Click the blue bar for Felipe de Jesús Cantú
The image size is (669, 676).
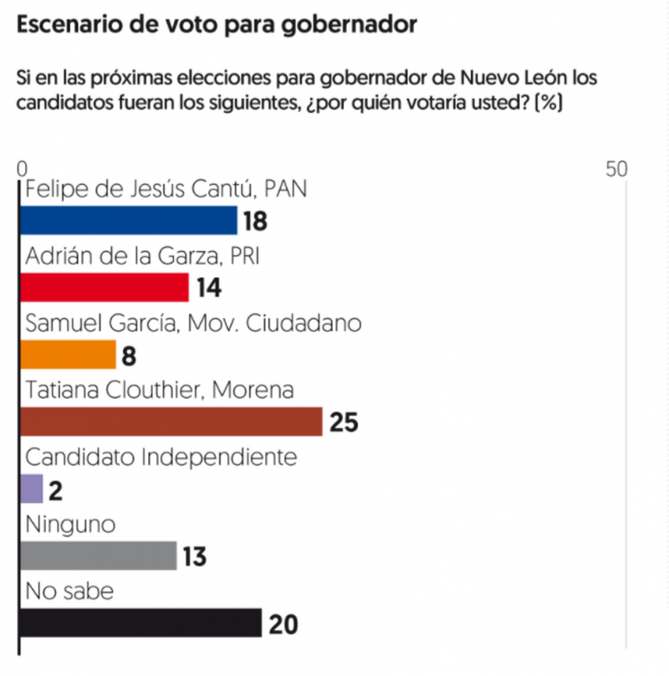(x=128, y=221)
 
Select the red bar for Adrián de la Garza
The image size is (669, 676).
(x=104, y=288)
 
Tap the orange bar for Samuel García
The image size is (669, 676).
(x=68, y=355)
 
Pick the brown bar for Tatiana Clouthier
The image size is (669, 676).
(x=171, y=422)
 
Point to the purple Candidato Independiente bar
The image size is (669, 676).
(x=31, y=489)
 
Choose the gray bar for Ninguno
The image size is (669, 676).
(x=98, y=556)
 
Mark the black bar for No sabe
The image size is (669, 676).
(x=140, y=623)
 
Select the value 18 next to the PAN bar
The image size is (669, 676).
(x=255, y=222)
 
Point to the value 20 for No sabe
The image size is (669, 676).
(x=283, y=624)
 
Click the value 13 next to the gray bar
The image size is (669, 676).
(x=194, y=557)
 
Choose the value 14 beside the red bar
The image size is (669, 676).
(x=208, y=289)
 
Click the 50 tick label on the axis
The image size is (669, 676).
(x=617, y=168)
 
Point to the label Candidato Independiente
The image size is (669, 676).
(x=161, y=458)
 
